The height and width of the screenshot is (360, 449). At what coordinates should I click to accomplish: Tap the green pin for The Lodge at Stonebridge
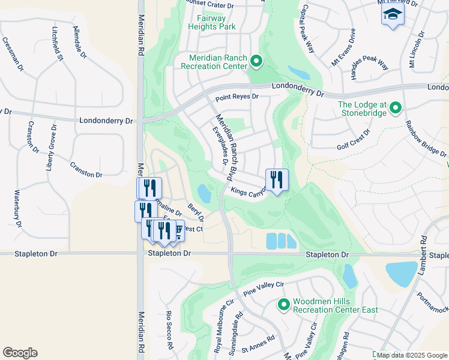tap(396, 108)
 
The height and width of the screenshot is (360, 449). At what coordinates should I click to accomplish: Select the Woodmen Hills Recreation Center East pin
tap(283, 305)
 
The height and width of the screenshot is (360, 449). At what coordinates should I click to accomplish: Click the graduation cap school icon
tap(393, 14)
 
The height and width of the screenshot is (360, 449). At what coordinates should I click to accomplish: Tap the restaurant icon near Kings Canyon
tap(277, 179)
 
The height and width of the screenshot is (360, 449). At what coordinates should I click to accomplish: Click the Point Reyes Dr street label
tap(237, 97)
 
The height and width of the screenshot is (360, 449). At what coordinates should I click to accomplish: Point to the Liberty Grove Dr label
tap(51, 148)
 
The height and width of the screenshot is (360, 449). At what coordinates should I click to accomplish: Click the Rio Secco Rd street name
tap(169, 330)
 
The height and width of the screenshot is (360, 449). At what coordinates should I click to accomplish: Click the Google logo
tap(20, 353)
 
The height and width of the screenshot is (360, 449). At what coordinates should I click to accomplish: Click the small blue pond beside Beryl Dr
tap(204, 193)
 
